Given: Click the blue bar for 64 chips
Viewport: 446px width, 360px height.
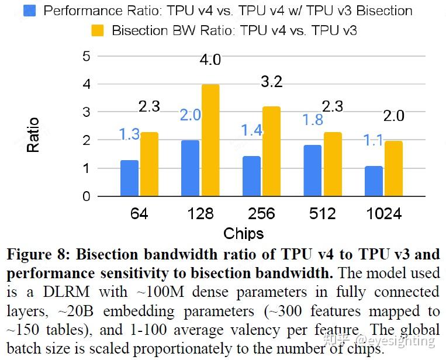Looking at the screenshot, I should tap(129, 178).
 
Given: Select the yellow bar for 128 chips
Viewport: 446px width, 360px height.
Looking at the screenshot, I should tap(210, 140).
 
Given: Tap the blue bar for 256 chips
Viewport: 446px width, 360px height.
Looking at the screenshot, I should tap(251, 176).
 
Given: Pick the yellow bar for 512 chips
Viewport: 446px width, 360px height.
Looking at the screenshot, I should tap(333, 164).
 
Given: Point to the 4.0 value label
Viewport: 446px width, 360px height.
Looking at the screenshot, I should tap(210, 60).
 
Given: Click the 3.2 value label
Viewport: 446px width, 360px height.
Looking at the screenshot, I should tap(271, 82).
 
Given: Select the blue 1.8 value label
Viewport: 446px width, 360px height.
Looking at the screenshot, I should tap(312, 120).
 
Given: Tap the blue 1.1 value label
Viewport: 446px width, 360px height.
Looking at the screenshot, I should tap(374, 140).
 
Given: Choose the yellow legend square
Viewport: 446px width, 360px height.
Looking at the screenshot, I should tap(98, 30).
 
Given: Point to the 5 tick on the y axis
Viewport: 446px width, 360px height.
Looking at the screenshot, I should tap(87, 56).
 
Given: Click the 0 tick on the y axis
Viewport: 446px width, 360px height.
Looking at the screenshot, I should tap(87, 196).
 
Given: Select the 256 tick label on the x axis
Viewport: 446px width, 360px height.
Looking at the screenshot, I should tap(261, 214).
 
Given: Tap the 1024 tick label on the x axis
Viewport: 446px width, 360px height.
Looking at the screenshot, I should tap(384, 214).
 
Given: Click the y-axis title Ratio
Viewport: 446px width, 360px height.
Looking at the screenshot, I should tap(33, 135).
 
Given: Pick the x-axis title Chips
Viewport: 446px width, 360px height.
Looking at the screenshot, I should tap(243, 234).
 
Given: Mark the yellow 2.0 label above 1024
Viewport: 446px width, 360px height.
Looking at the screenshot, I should tap(393, 116).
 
